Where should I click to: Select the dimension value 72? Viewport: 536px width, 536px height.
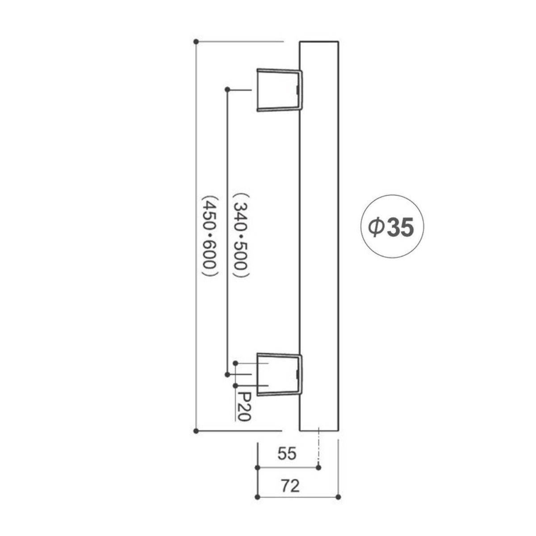point(290,486)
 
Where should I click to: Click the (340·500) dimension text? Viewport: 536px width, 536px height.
point(240,235)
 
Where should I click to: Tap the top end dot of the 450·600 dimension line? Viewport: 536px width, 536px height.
point(196,42)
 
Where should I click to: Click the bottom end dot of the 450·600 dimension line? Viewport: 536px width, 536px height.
point(196,431)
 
